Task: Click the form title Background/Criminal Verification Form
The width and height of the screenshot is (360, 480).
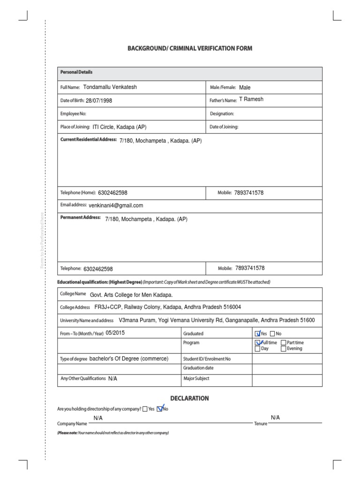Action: coord(190,48)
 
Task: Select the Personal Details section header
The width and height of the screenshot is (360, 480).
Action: coord(76,73)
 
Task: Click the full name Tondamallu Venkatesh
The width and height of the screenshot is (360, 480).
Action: coord(110,87)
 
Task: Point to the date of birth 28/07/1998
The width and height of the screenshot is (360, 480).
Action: coord(99,101)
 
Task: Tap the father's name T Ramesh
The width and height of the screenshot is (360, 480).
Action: coord(251,100)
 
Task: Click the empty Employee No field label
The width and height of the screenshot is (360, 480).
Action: coord(74,114)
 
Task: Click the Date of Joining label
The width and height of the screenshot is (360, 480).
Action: coord(224,127)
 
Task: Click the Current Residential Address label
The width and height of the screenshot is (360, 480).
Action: coord(88,140)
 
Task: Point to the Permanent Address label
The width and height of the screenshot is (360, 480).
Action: coord(81,218)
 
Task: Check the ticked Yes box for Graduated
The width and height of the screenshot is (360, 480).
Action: coord(257,334)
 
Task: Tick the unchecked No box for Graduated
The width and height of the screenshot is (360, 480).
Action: coord(273,334)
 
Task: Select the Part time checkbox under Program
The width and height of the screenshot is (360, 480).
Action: coord(283,343)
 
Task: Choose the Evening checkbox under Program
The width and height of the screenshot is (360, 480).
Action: coord(283,349)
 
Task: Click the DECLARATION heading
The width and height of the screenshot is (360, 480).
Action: coord(189,398)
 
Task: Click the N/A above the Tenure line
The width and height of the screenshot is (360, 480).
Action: coord(275,417)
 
